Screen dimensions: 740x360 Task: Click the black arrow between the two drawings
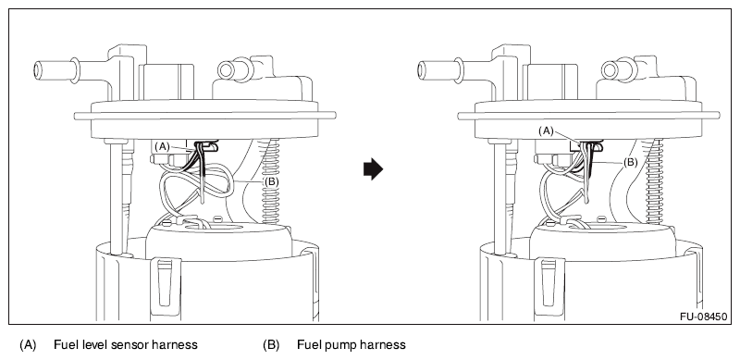pos(373,169)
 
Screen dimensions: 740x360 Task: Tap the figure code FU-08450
pos(703,316)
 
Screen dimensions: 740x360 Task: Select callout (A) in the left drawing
pos(162,146)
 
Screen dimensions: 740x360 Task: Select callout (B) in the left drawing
pos(271,181)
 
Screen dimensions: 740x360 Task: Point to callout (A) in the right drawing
pos(546,131)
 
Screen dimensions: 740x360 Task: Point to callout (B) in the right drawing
pos(631,163)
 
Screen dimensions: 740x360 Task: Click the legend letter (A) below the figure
pos(28,345)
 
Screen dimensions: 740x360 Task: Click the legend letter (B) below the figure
pos(271,345)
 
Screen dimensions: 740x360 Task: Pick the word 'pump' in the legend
pos(339,345)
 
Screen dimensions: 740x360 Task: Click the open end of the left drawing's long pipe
pos(38,70)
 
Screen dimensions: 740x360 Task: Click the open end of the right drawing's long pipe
pos(422,70)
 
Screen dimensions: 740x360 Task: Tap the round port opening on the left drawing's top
pos(226,70)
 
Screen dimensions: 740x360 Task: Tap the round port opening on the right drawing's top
pos(610,70)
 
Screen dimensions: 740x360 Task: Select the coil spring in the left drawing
pos(270,181)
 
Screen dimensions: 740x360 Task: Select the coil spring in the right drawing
pos(655,181)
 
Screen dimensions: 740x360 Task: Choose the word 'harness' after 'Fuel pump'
pos(382,345)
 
